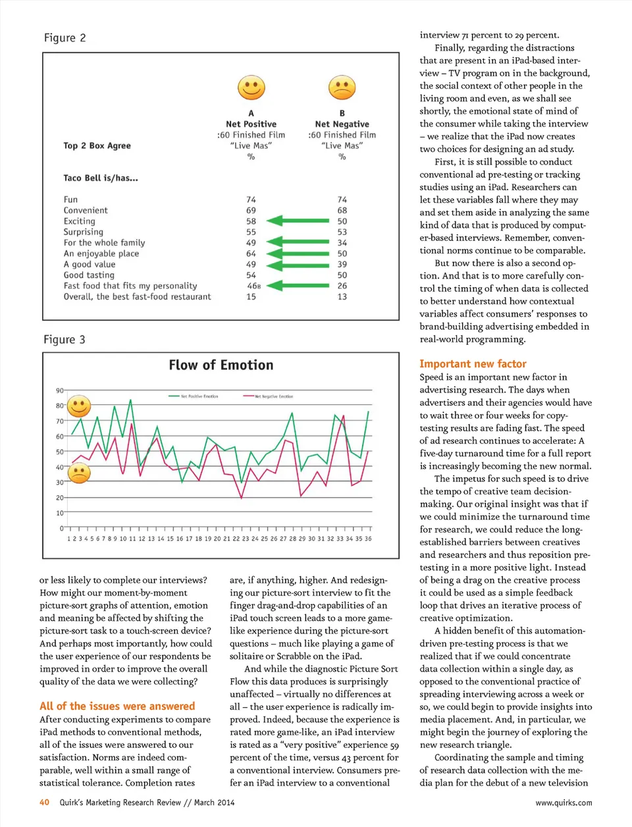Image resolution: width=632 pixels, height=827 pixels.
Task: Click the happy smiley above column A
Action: (251, 87)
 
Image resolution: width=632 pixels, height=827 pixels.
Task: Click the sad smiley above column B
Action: (342, 87)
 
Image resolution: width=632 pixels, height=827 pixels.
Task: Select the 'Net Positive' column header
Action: (251, 124)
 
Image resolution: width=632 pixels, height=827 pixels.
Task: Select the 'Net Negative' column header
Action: (342, 124)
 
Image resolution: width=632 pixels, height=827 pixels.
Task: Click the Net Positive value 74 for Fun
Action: (251, 200)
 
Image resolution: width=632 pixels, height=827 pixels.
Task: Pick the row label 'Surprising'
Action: (83, 232)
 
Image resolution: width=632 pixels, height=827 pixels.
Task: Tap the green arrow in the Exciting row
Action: (297, 221)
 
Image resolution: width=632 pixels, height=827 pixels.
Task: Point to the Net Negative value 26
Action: (342, 286)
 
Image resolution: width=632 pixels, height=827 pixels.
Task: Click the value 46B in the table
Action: (253, 286)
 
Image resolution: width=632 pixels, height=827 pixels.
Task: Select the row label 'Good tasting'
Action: (89, 275)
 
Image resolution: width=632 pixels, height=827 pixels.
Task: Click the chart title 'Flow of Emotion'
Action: (221, 365)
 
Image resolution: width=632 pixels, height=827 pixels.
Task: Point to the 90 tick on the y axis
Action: (60, 390)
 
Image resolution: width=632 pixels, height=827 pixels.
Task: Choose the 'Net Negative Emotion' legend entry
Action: (269, 396)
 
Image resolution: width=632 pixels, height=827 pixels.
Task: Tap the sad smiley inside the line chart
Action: (79, 472)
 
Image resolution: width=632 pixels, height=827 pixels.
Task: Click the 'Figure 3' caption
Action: (65, 340)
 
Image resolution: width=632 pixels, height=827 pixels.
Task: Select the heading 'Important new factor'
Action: (473, 363)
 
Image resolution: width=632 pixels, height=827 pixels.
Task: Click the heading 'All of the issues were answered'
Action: (117, 706)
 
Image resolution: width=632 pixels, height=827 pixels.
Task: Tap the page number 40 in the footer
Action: (44, 803)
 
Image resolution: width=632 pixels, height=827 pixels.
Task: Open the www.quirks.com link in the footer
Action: (563, 803)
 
